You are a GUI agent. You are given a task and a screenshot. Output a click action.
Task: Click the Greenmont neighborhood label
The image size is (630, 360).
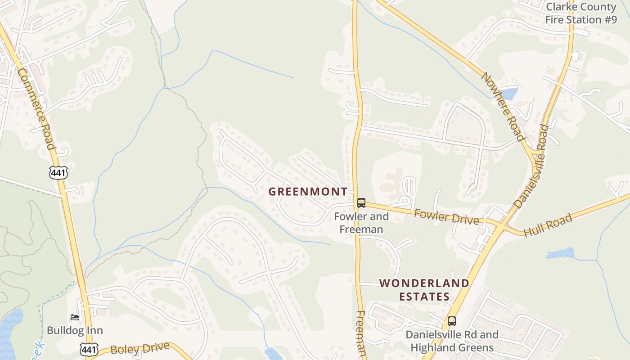pyautogui.click(x=308, y=192)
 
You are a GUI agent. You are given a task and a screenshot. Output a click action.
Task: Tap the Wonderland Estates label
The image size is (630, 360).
pyautogui.click(x=424, y=290)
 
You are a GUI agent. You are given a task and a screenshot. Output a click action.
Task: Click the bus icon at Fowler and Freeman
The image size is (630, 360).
pyautogui.click(x=361, y=203)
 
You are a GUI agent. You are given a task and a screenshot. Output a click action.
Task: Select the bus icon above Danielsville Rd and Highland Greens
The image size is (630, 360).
pyautogui.click(x=451, y=321)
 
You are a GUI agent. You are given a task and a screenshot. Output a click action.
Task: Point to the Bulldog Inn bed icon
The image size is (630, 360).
pyautogui.click(x=75, y=318)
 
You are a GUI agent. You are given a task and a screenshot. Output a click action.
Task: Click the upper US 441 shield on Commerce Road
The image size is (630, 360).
pyautogui.click(x=58, y=172)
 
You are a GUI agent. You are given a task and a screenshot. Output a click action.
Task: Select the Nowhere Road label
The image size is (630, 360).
pyautogui.click(x=503, y=106)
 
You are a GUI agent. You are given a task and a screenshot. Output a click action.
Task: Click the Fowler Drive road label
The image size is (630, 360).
pyautogui.click(x=446, y=216)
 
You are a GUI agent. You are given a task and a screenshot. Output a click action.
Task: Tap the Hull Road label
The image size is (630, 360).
pyautogui.click(x=548, y=225)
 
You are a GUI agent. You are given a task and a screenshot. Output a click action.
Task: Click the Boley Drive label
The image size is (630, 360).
pyautogui.click(x=140, y=348)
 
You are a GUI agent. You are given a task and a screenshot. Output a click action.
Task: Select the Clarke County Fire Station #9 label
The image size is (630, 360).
pyautogui.click(x=580, y=13)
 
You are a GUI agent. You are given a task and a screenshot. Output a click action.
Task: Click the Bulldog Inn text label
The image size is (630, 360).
pyautogui.click(x=75, y=331)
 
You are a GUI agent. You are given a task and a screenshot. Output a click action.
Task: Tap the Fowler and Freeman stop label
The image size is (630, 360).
pyautogui.click(x=361, y=223)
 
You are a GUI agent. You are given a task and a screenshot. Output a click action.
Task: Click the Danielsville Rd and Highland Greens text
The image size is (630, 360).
pyautogui.click(x=452, y=341)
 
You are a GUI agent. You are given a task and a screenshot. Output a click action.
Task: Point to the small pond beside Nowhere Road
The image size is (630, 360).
pyautogui.click(x=508, y=94)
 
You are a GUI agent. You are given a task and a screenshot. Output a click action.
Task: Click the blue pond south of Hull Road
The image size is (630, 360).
pyautogui.click(x=561, y=253)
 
